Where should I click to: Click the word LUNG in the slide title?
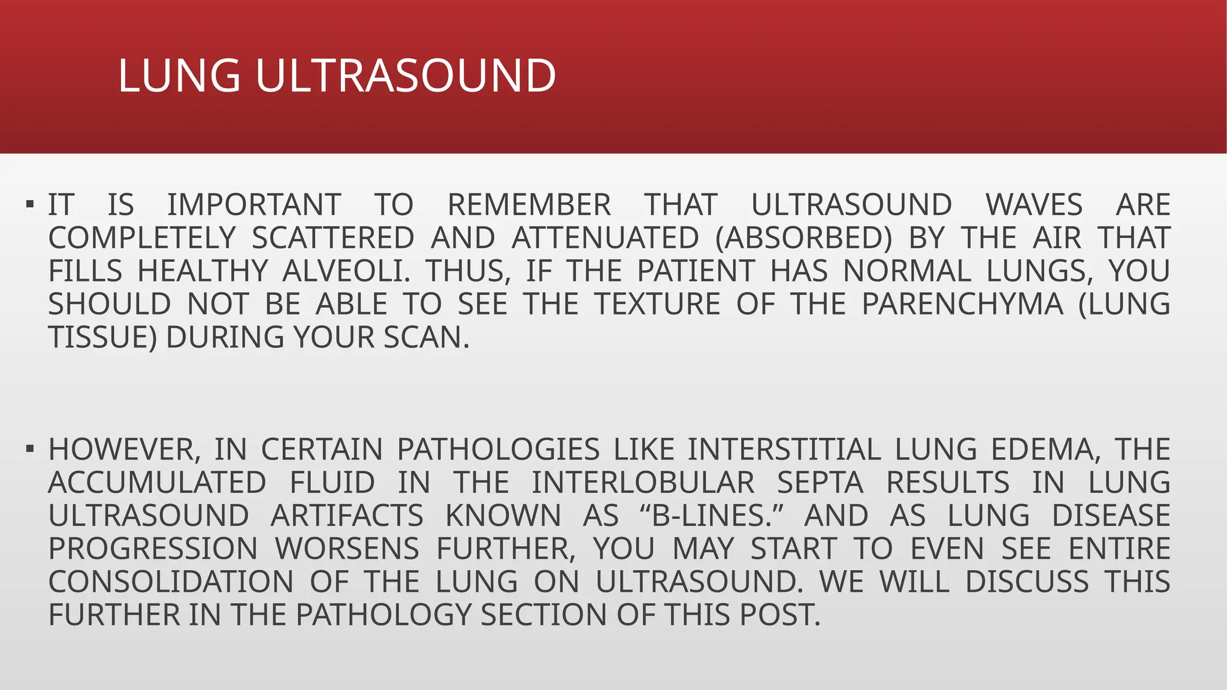pos(179,76)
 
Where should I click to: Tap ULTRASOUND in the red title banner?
pos(406,76)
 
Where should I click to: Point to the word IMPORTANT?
pos(254,205)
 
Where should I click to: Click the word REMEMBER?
pos(529,205)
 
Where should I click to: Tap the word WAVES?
pos(1034,205)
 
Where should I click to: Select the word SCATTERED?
pos(333,238)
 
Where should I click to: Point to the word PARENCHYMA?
pos(962,304)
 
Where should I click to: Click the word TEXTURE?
pos(657,304)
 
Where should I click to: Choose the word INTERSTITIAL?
pos(784,449)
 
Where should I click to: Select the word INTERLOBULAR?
pos(643,483)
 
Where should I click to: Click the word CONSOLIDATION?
pos(171,582)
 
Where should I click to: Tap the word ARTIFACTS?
pos(347,516)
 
